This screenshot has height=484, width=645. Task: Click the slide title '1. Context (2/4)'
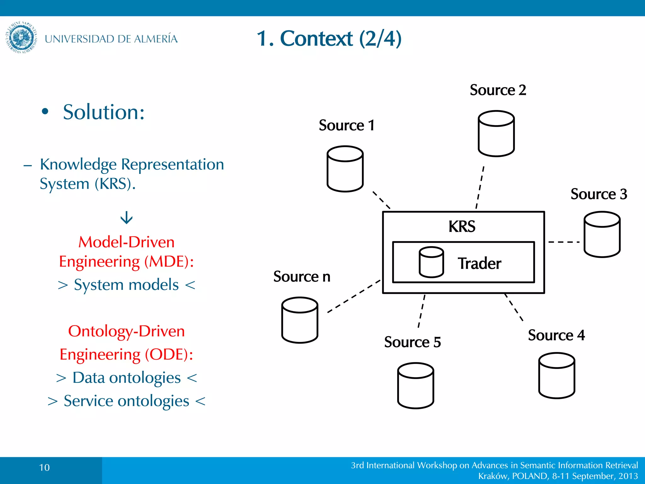point(329,38)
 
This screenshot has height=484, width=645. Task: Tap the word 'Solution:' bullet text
point(104,112)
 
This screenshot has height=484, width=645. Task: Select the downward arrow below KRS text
point(127,217)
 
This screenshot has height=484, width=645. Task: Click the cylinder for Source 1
point(345,169)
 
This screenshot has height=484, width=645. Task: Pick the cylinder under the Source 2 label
point(496,134)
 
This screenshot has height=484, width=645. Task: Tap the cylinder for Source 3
point(602,234)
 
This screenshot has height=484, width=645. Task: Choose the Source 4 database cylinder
point(557,376)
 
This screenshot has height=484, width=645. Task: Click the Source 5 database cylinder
point(415,386)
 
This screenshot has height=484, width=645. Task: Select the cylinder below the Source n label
point(300,320)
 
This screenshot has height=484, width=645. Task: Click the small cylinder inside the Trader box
point(431,262)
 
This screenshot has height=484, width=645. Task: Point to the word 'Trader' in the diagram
point(479,263)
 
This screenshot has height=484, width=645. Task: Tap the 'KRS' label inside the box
point(462,226)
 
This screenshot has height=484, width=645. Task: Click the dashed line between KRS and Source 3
point(564,242)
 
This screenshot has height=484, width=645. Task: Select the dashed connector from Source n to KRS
point(354,296)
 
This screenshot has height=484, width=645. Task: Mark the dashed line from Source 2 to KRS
point(480,187)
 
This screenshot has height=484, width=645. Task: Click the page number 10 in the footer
point(44,467)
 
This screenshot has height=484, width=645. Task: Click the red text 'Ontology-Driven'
point(126,331)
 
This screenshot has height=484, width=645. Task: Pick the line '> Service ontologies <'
point(126,401)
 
